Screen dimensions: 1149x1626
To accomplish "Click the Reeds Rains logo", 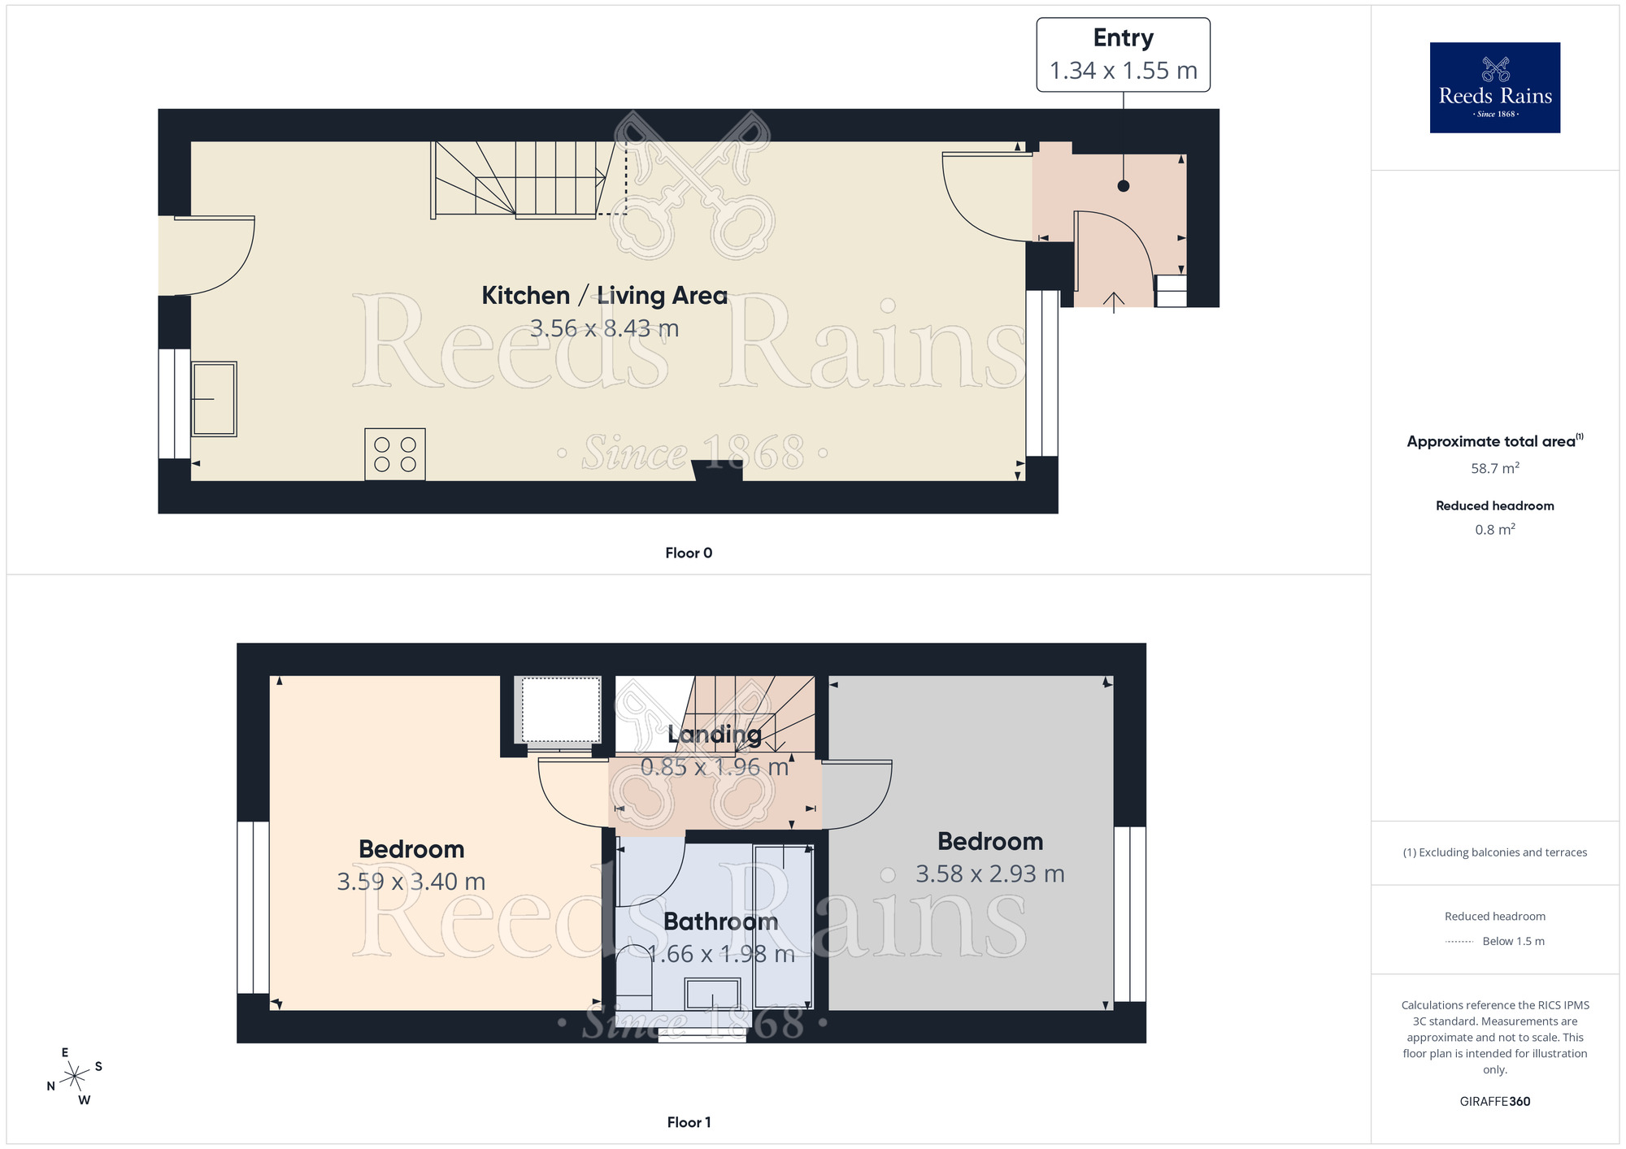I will coord(1494,88).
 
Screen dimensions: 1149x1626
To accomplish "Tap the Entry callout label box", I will coord(1123,55).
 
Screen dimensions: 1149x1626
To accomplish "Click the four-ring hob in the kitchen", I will coord(395,454).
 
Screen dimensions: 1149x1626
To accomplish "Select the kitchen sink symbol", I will coord(214,399).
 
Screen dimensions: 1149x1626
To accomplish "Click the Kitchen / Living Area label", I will coord(604,295).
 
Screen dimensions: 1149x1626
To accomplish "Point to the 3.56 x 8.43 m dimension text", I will coord(604,328).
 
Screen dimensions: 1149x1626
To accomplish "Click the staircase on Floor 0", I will coord(520,179).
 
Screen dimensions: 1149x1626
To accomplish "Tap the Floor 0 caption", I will coord(689,553).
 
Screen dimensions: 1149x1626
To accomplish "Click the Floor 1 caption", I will coord(689,1122).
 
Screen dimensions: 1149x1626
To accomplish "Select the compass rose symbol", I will coord(75,1077).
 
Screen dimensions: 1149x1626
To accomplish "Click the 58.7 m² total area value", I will coord(1494,468).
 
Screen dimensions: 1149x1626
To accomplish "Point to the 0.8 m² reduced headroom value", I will coord(1494,530).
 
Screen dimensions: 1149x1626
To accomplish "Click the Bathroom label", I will coord(720,921).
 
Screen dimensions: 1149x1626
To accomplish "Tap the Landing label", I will coord(715,735).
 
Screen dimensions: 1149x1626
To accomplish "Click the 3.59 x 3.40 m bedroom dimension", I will coord(411,882).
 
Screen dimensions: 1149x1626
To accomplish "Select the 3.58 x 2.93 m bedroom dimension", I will coord(989,874).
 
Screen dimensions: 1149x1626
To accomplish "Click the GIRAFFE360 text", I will coord(1494,1102).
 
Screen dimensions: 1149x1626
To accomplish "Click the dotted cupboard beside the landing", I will coord(560,709).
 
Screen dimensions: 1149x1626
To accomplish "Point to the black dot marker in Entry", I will coord(1124,186).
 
